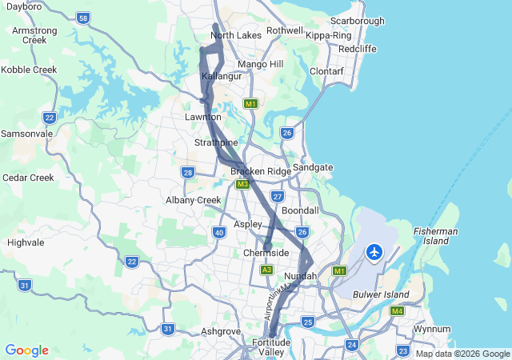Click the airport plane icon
(x=374, y=253)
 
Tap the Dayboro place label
(x=22, y=6)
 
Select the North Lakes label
(x=236, y=35)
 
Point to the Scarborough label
(x=357, y=21)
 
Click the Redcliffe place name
(x=358, y=48)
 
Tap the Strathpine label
(x=216, y=142)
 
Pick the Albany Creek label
(x=193, y=200)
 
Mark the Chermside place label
(x=266, y=253)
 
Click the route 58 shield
(x=84, y=18)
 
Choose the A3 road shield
(x=266, y=270)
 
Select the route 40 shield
(x=218, y=232)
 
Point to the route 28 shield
(x=188, y=172)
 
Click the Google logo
(x=26, y=350)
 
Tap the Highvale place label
(x=26, y=242)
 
